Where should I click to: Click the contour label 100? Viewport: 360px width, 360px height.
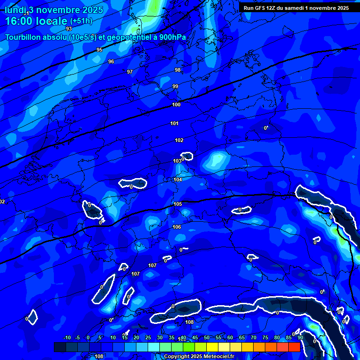[x=176, y=105]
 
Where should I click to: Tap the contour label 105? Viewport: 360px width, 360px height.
[x=178, y=204]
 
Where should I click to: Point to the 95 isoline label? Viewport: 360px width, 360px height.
[x=99, y=50]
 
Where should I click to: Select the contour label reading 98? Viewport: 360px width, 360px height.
[x=178, y=70]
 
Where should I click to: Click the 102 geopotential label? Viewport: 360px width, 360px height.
[x=179, y=140]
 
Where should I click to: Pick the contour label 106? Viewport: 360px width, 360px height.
[x=177, y=227]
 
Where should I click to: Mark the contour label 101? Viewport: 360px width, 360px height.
[x=174, y=123]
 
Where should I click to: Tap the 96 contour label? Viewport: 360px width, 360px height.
[x=111, y=61]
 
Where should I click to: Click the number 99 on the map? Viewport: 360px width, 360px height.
[x=175, y=86]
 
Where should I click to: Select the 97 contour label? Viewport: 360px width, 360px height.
[x=130, y=72]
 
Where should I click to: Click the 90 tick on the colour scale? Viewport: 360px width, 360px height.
[x=300, y=337]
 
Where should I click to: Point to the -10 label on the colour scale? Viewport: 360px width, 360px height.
[x=67, y=337]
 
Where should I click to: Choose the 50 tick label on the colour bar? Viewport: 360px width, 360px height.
[x=207, y=337]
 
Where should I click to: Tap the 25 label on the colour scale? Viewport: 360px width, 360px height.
[x=148, y=337]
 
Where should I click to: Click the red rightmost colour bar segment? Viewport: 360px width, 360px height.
[x=294, y=347]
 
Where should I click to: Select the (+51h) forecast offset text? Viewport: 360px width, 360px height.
[x=81, y=21]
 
